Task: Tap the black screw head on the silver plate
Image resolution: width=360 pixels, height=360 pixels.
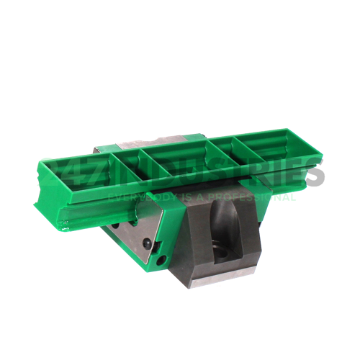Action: pyautogui.click(x=147, y=245)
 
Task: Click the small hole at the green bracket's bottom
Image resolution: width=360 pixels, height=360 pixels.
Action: pyautogui.click(x=162, y=259)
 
